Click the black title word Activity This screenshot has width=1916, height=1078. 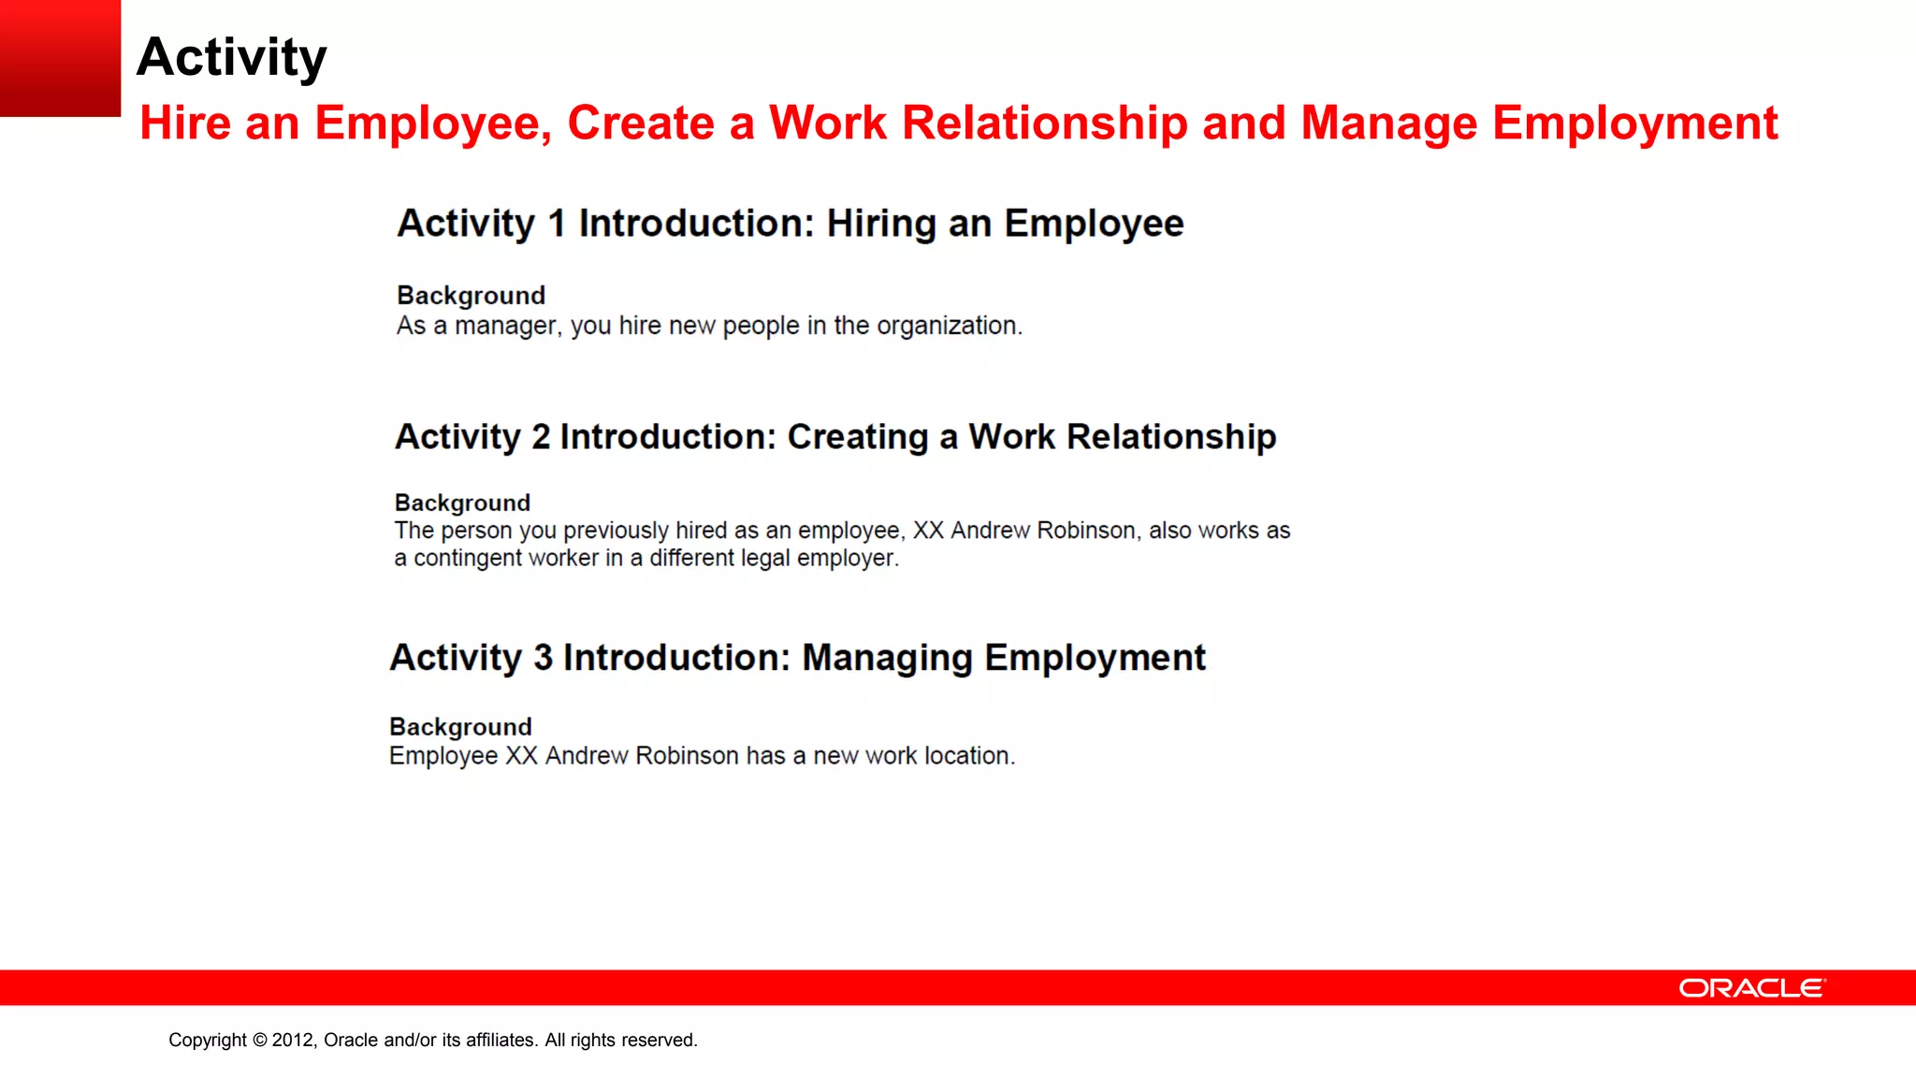pos(231,58)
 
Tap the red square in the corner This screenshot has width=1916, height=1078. pos(60,58)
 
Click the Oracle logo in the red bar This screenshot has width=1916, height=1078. pos(1751,988)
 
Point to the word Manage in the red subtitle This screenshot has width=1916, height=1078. pos(1388,124)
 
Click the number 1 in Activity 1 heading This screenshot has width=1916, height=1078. pos(557,224)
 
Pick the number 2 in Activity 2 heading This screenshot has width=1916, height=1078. pos(541,437)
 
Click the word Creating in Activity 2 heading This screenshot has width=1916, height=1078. pos(857,437)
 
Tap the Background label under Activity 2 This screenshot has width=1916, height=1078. pos(462,503)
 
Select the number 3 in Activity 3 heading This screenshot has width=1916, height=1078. pos(544,658)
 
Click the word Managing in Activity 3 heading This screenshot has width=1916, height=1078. pos(887,659)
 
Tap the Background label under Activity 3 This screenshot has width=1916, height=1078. pos(460,727)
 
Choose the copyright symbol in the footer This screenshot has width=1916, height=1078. pos(259,1040)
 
